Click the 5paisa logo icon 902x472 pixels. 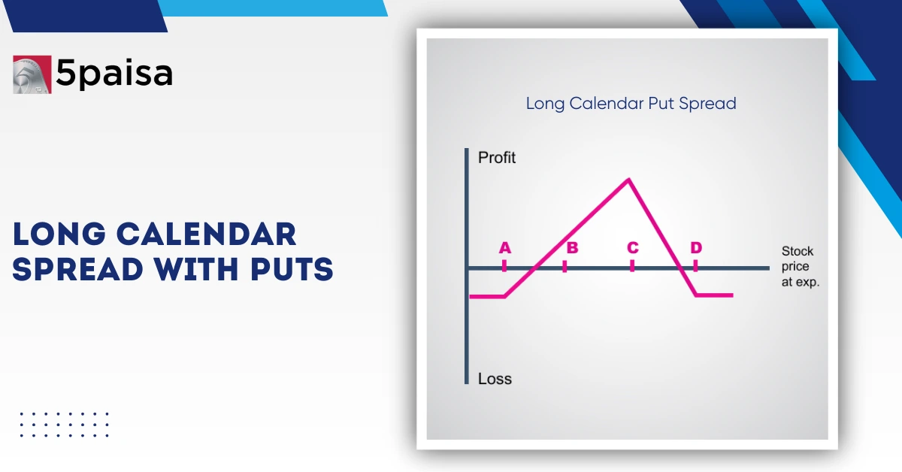[x=32, y=74]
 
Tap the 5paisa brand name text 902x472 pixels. [x=114, y=74]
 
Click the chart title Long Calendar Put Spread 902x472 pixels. [x=631, y=103]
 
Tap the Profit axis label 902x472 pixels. [x=497, y=159]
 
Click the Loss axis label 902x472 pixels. [x=495, y=379]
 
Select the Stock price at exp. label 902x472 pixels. [x=800, y=267]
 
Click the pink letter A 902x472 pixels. [x=504, y=248]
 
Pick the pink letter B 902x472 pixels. [x=571, y=248]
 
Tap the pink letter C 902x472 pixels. [x=632, y=248]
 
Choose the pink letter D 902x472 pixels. [x=696, y=248]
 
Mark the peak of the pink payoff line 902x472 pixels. [x=628, y=180]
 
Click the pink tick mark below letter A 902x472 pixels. [x=504, y=265]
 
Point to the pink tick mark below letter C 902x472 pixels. [x=632, y=265]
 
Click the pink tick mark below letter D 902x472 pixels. [x=695, y=265]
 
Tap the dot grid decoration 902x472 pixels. [x=64, y=424]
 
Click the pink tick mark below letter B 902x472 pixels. [x=565, y=265]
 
